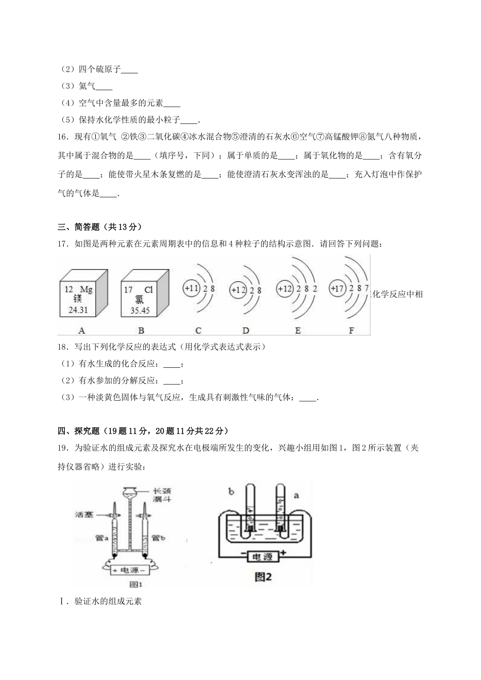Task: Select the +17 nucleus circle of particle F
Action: (x=337, y=288)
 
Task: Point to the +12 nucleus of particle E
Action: (x=285, y=288)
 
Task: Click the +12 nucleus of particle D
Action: (x=238, y=290)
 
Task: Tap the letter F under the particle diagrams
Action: (x=351, y=331)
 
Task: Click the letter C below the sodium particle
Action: (x=198, y=331)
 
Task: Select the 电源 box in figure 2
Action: (x=262, y=557)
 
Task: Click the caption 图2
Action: (x=262, y=577)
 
